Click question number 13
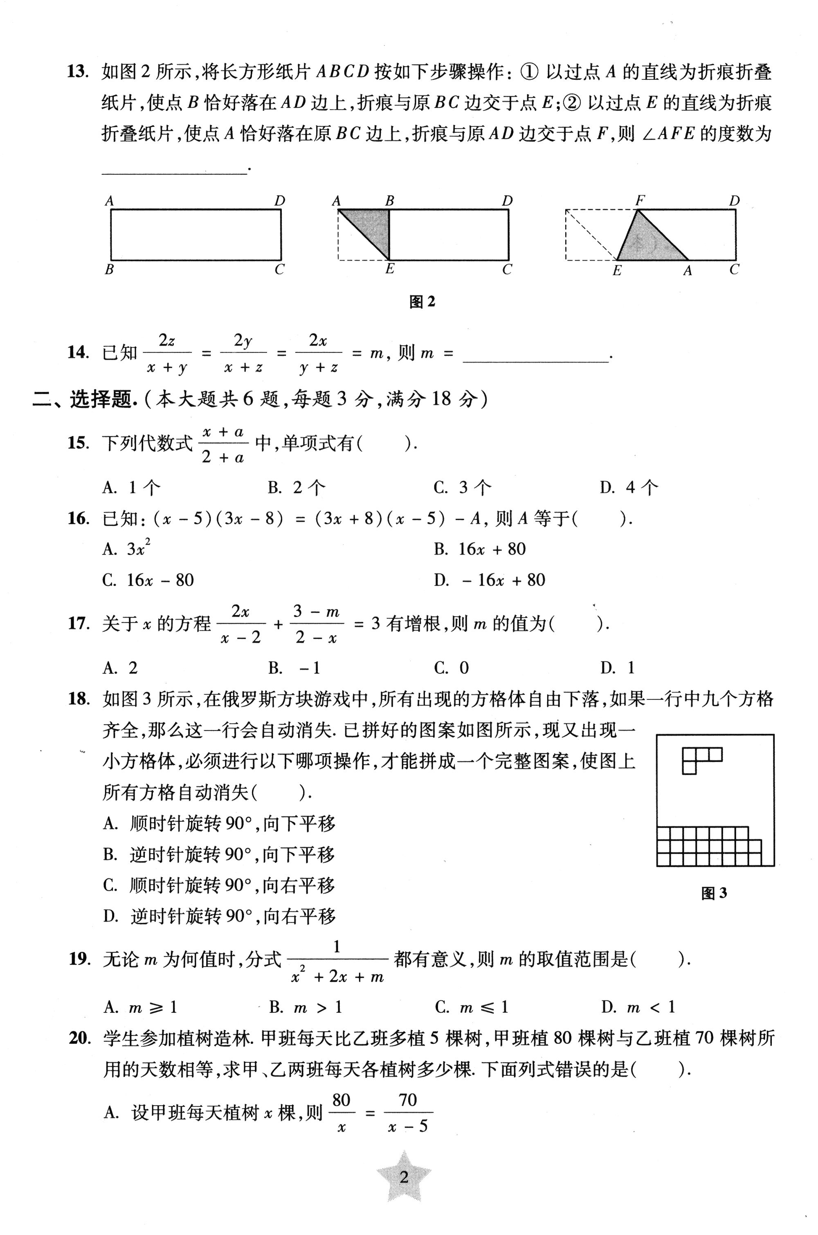tap(77, 72)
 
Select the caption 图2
tap(422, 302)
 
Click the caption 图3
tap(714, 893)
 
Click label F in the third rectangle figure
tap(640, 200)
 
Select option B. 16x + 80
tap(479, 549)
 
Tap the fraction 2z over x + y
tap(167, 354)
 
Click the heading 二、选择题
tap(83, 400)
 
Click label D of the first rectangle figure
tap(280, 201)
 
